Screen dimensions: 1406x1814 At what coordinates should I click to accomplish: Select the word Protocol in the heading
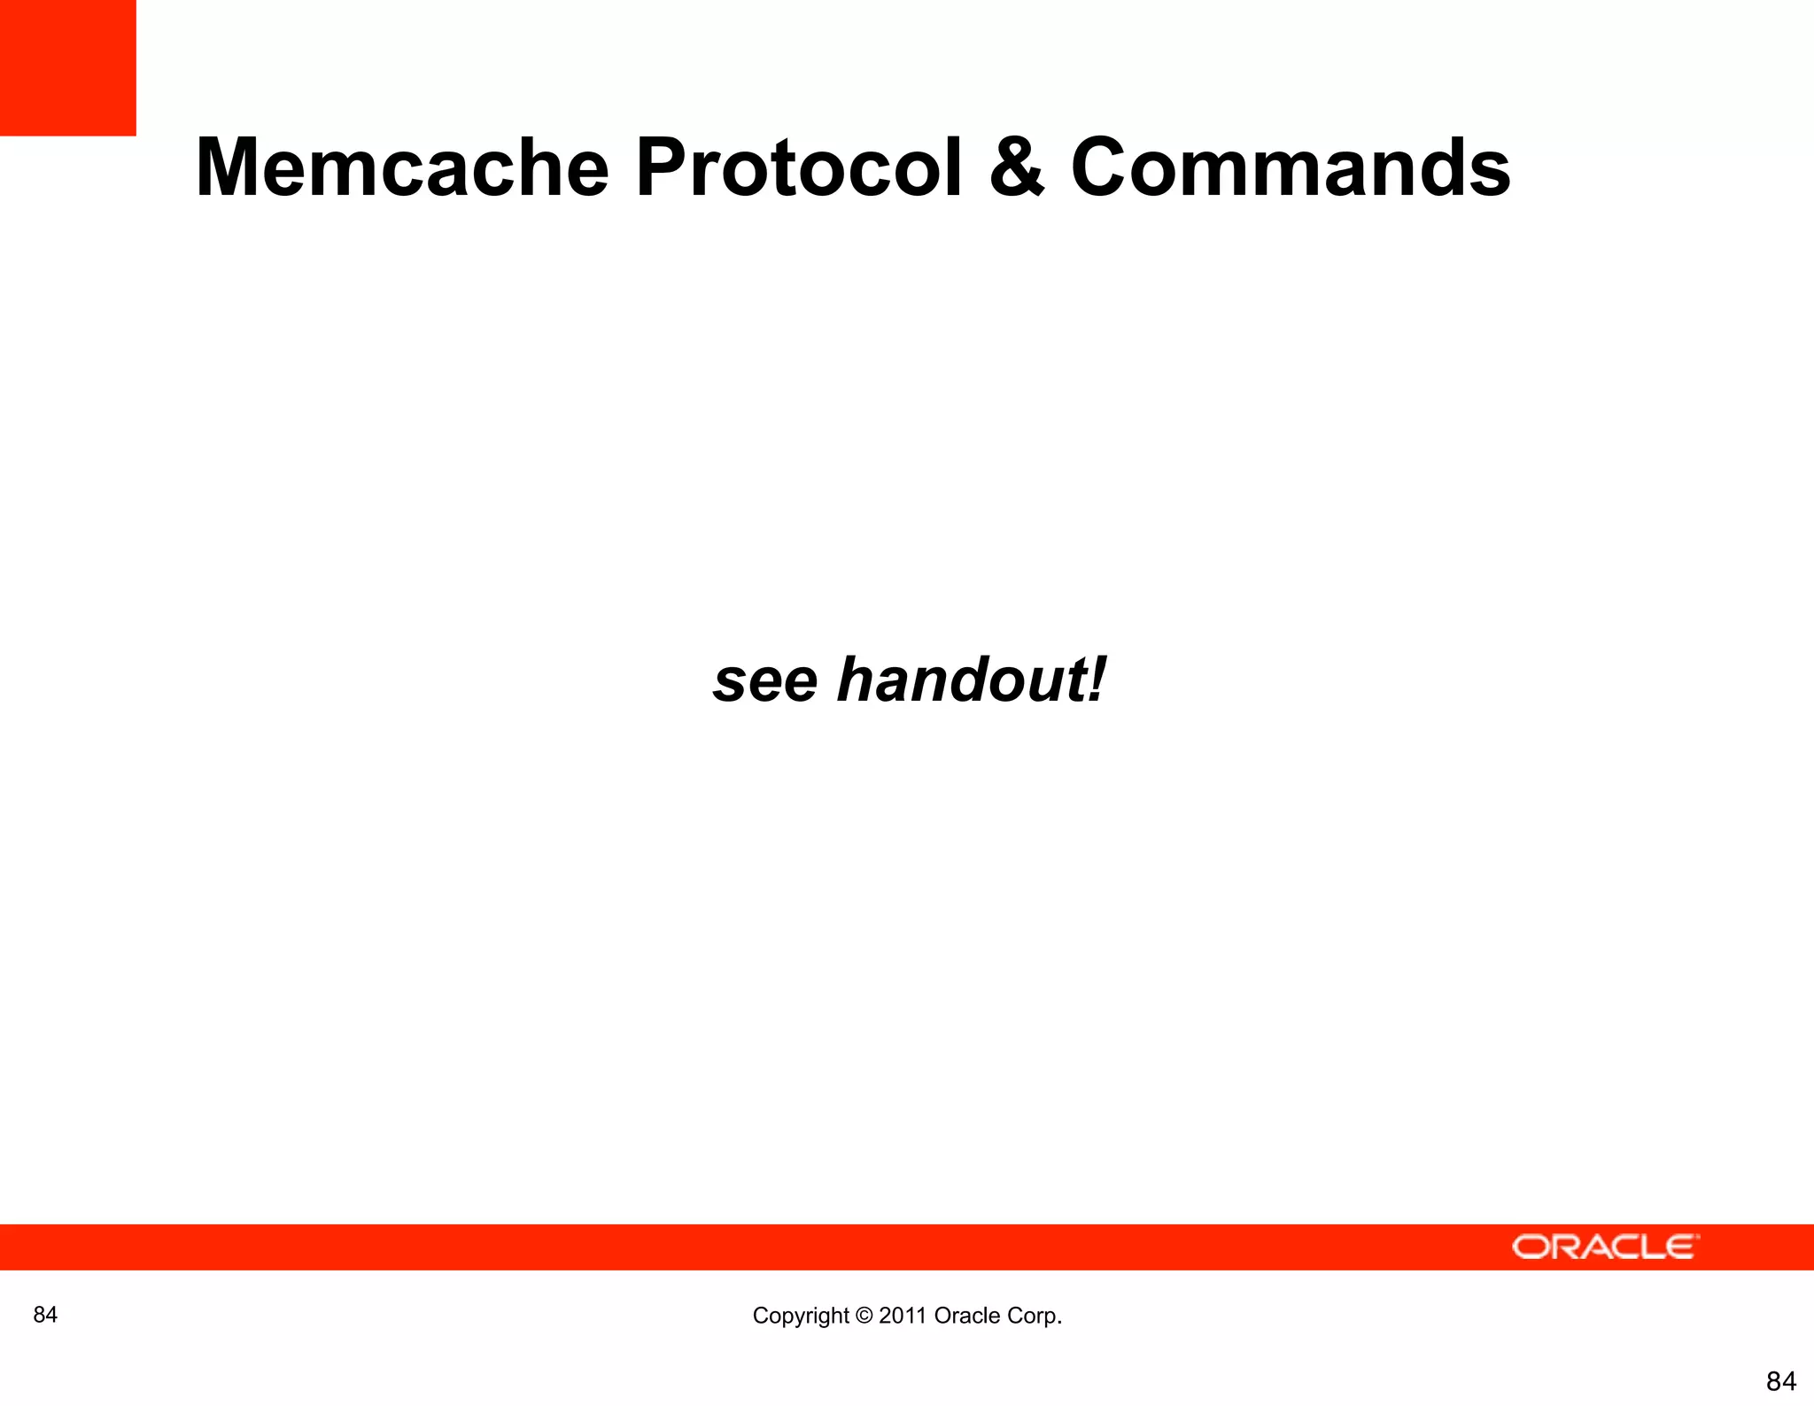pyautogui.click(x=798, y=167)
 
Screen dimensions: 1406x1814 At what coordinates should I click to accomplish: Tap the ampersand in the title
pyautogui.click(x=1017, y=168)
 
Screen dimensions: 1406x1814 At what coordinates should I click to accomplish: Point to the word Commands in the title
pyautogui.click(x=1291, y=167)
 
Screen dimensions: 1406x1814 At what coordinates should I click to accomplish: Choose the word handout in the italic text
pyautogui.click(x=962, y=680)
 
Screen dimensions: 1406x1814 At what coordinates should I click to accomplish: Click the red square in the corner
pyautogui.click(x=67, y=67)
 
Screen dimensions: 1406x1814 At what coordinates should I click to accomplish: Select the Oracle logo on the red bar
pyautogui.click(x=1605, y=1247)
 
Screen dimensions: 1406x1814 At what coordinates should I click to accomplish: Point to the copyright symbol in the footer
pyautogui.click(x=864, y=1316)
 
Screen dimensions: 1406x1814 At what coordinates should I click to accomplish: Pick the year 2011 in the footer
pyautogui.click(x=903, y=1316)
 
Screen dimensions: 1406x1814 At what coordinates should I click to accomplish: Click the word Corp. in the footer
pyautogui.click(x=1035, y=1316)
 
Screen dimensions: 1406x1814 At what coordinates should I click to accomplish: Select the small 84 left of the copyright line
pyautogui.click(x=45, y=1315)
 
